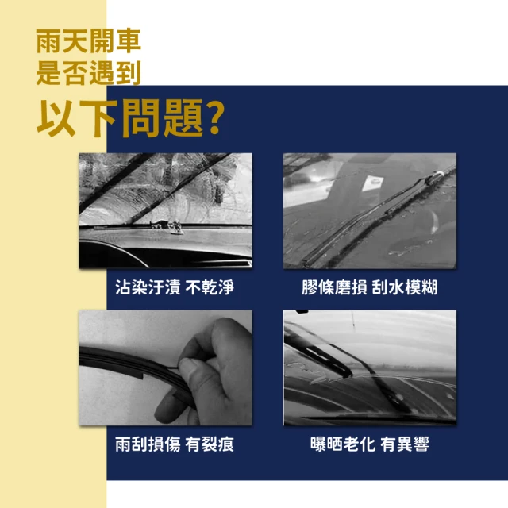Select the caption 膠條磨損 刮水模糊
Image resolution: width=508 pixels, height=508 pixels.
click(x=370, y=287)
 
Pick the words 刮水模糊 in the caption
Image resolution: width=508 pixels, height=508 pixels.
click(x=406, y=287)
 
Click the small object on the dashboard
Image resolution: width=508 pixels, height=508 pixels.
click(x=169, y=227)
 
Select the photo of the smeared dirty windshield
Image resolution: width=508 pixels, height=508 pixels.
click(x=165, y=211)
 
